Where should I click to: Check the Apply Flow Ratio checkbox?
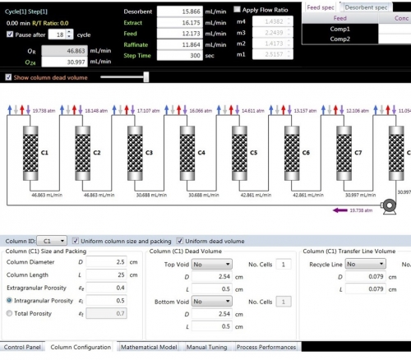pos(238,8)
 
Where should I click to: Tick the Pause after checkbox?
pos(9,35)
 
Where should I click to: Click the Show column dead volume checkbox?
pos(8,76)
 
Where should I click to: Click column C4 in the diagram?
pos(202,152)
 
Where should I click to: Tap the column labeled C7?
pos(358,152)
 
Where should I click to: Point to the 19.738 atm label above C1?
pos(40,108)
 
